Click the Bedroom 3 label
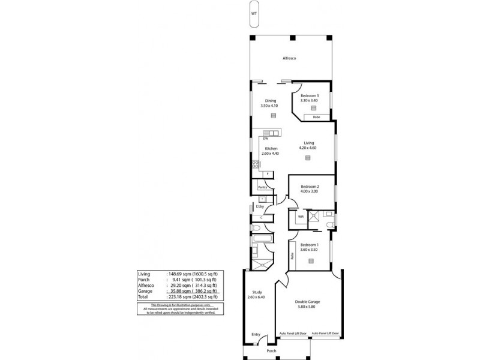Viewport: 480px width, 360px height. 310,96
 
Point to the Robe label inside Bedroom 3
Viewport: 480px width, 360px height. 316,117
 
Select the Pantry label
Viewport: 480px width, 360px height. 262,187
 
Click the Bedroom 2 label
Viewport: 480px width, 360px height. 310,187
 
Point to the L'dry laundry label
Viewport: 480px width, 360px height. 260,206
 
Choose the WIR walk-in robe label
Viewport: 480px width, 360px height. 292,217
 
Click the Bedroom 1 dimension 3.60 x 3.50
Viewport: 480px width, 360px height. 310,250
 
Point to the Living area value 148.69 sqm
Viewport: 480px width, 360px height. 182,273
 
